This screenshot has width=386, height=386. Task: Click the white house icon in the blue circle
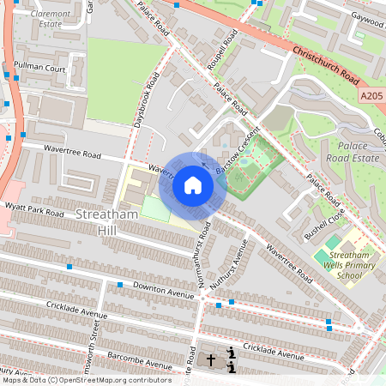pyautogui.click(x=193, y=185)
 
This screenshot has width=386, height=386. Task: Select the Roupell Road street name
pyautogui.click(x=227, y=52)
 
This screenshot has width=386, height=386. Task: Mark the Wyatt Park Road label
pyautogui.click(x=33, y=210)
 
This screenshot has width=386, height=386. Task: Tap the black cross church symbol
pyautogui.click(x=213, y=361)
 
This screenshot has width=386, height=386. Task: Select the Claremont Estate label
pyautogui.click(x=52, y=19)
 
